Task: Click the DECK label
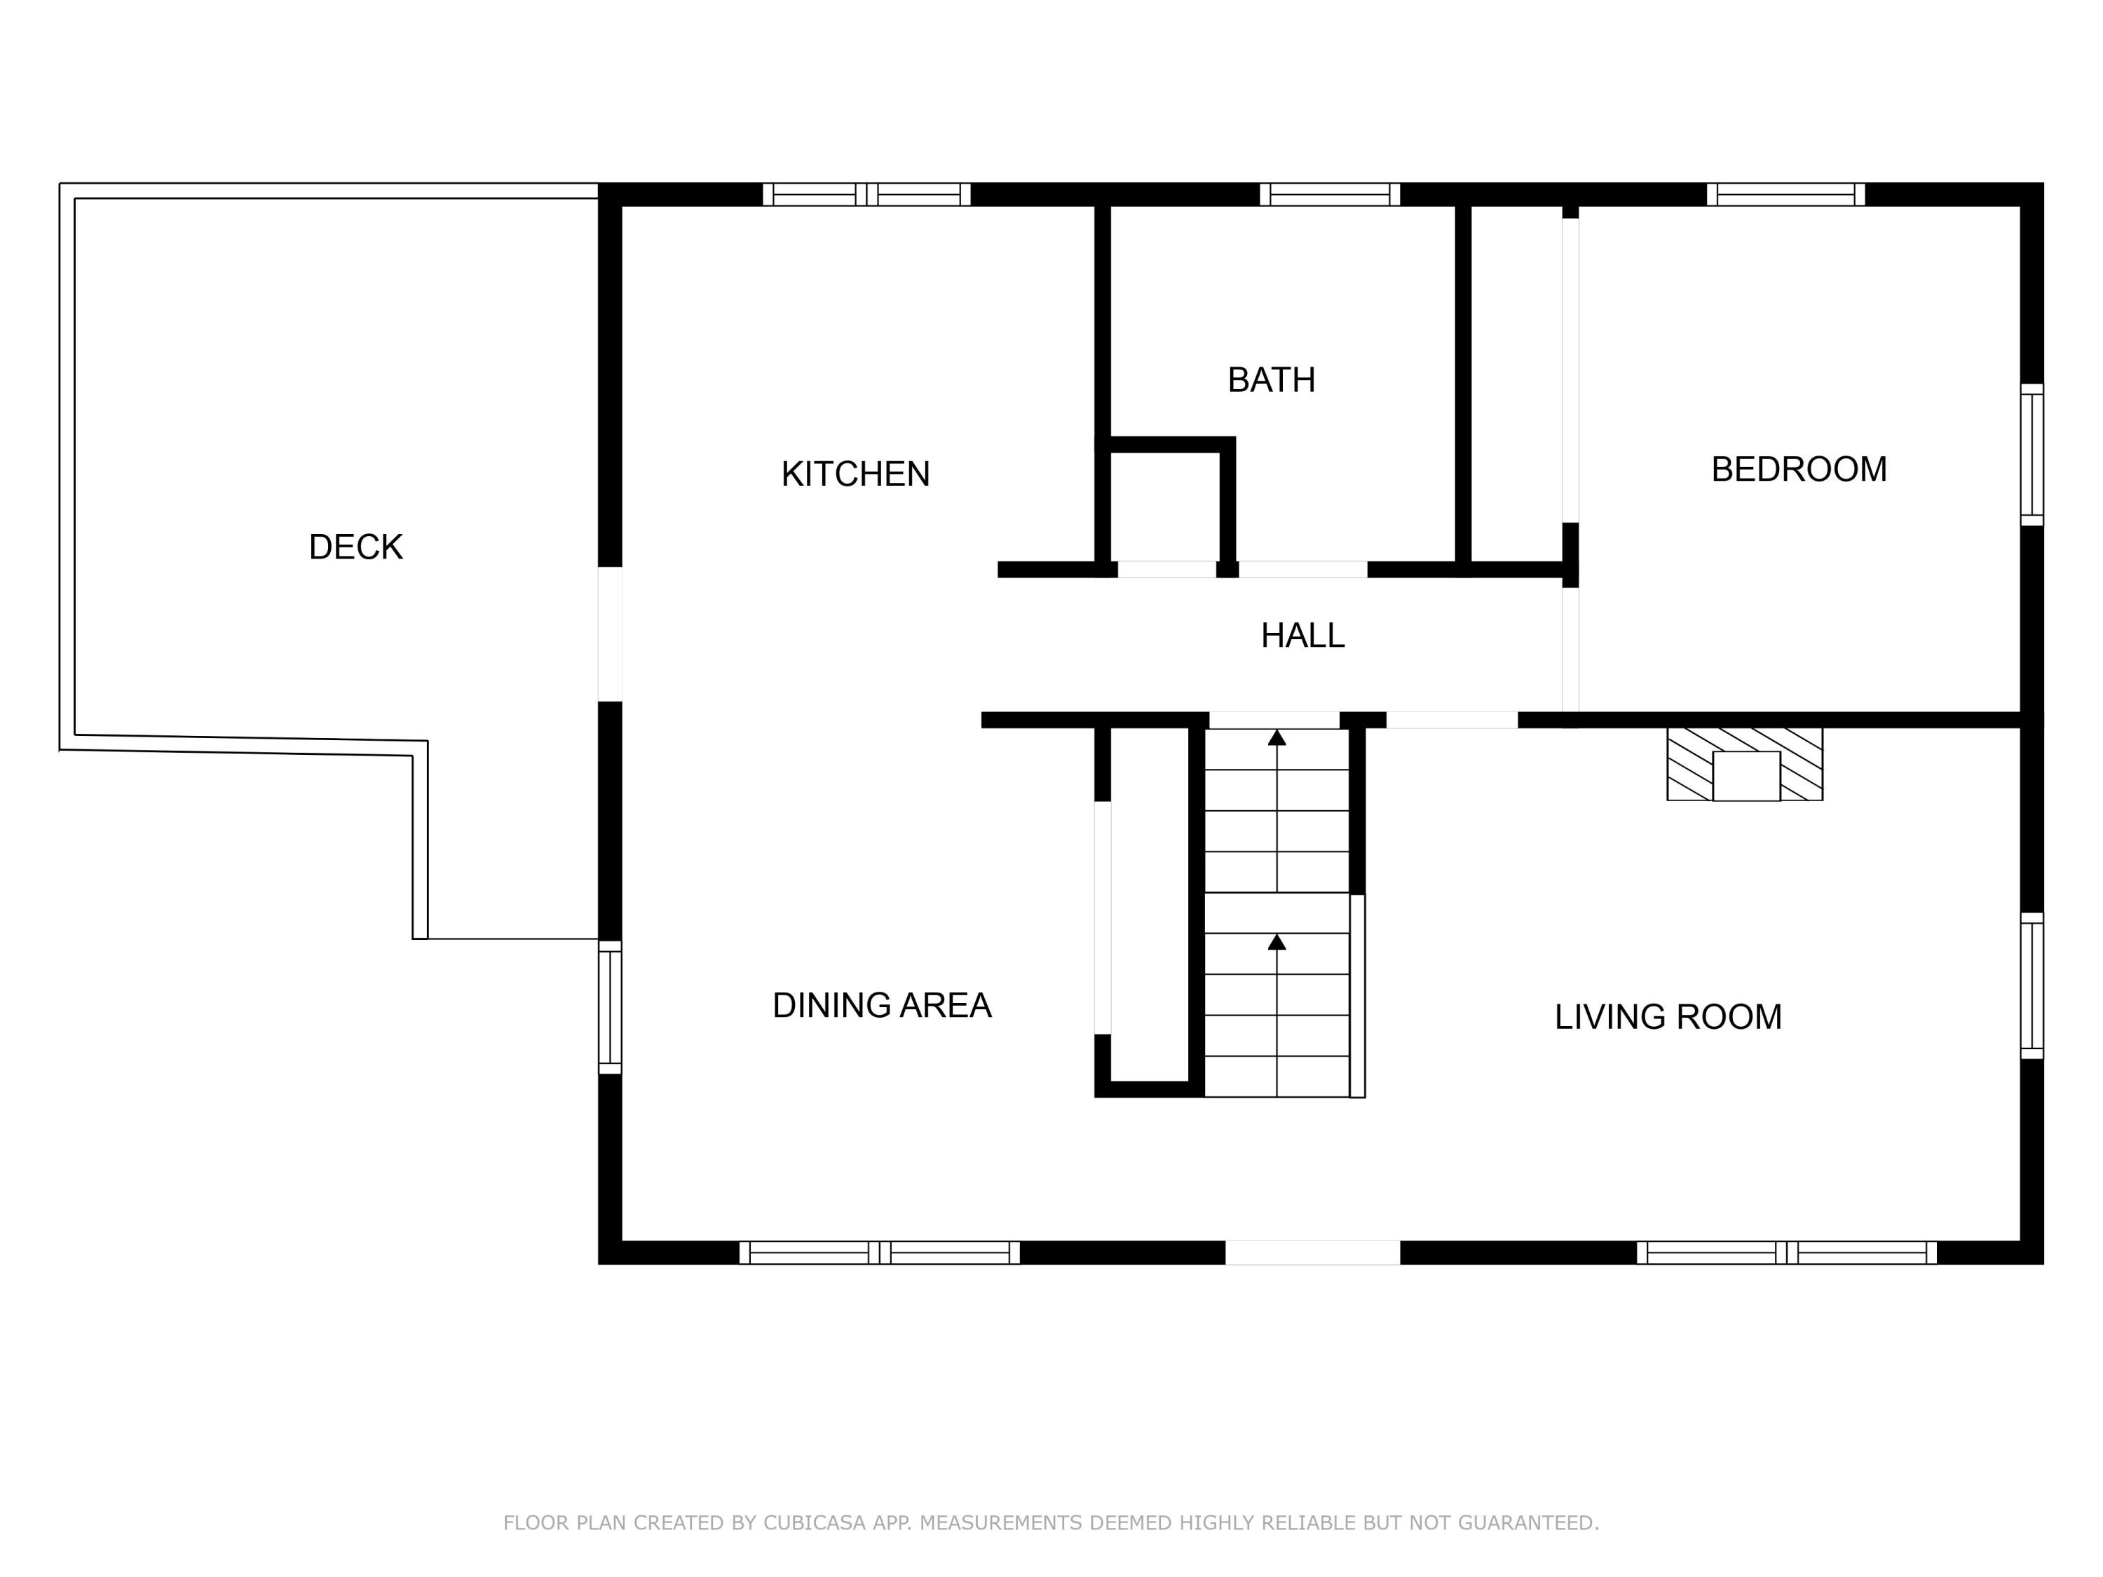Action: click(355, 547)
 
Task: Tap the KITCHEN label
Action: click(855, 475)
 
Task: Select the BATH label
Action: click(1271, 380)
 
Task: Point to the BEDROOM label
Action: click(1799, 470)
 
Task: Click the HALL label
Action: click(1302, 636)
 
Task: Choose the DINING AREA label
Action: click(881, 1006)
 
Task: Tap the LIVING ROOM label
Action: click(1668, 1017)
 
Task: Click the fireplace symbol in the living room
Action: click(1745, 765)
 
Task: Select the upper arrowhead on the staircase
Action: click(1277, 737)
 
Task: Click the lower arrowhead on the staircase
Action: click(1277, 942)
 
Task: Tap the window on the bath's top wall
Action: click(1329, 195)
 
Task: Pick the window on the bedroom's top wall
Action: click(1785, 195)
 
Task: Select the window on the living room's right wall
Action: click(2031, 985)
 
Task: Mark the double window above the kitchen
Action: click(866, 195)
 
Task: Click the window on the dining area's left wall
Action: click(609, 1008)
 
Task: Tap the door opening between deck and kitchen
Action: click(609, 634)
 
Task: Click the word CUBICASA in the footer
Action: click(814, 1524)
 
